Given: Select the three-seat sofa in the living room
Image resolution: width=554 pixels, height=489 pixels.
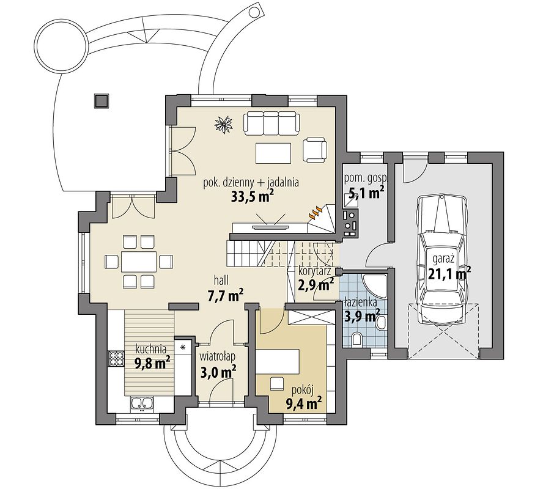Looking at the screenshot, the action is pos(271,123).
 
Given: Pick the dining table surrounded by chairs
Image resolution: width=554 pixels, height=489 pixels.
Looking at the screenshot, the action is pos(138,262).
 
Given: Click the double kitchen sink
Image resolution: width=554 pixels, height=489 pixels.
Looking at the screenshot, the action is pos(142,404).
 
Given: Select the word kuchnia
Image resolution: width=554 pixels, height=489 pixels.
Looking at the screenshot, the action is pos(151,349).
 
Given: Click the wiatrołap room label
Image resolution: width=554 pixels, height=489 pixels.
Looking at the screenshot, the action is pos(217,356).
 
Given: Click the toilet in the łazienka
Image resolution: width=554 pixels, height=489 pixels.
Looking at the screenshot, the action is pos(357,339).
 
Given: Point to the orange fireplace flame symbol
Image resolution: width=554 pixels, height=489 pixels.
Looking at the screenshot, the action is pos(316,213).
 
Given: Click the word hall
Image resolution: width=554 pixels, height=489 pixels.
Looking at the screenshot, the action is pos(221,281).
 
